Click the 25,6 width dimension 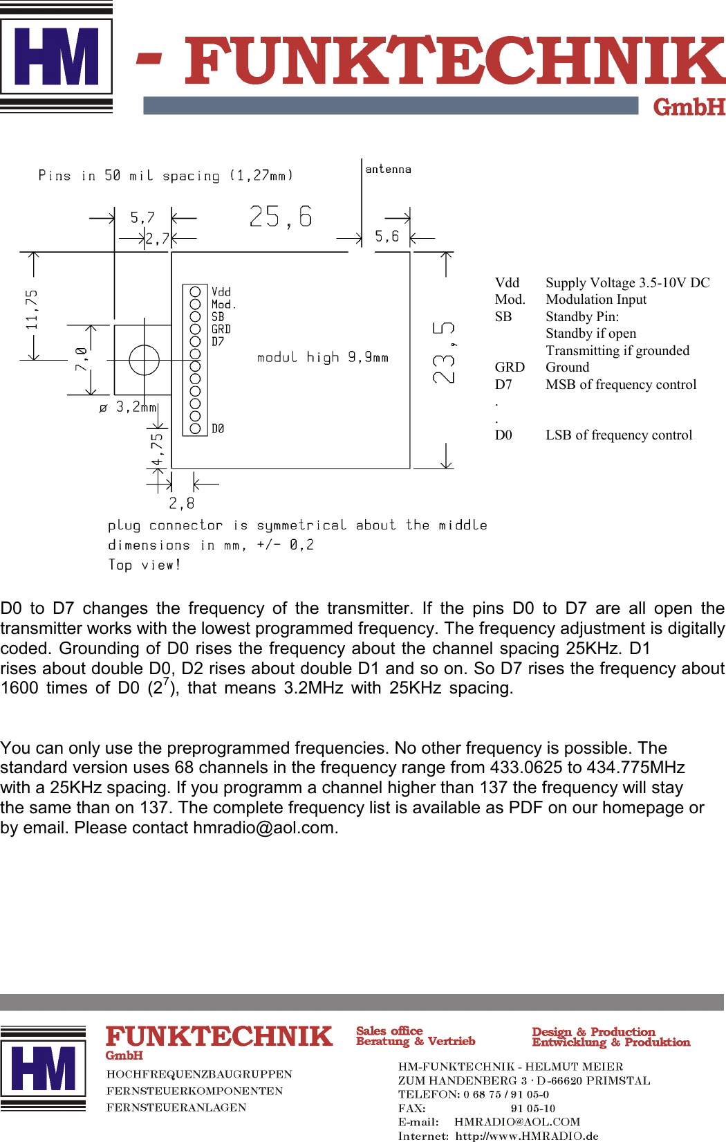coord(281,217)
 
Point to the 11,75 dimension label coord(31,309)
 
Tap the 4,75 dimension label coord(158,450)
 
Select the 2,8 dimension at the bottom coord(182,503)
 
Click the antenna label coord(388,169)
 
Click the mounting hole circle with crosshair coord(144,360)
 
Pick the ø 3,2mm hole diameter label coord(129,407)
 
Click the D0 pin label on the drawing coord(218,429)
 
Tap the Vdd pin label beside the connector coord(221,292)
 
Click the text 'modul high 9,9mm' coord(323,357)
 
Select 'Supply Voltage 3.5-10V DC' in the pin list coord(627,282)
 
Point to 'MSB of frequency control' coord(621,384)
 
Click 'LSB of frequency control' coord(619,435)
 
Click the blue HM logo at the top coord(57,57)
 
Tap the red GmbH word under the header coord(689,107)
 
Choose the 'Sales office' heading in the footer coord(389,1031)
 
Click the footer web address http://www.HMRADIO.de coord(527,1135)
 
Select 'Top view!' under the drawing coord(145,565)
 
